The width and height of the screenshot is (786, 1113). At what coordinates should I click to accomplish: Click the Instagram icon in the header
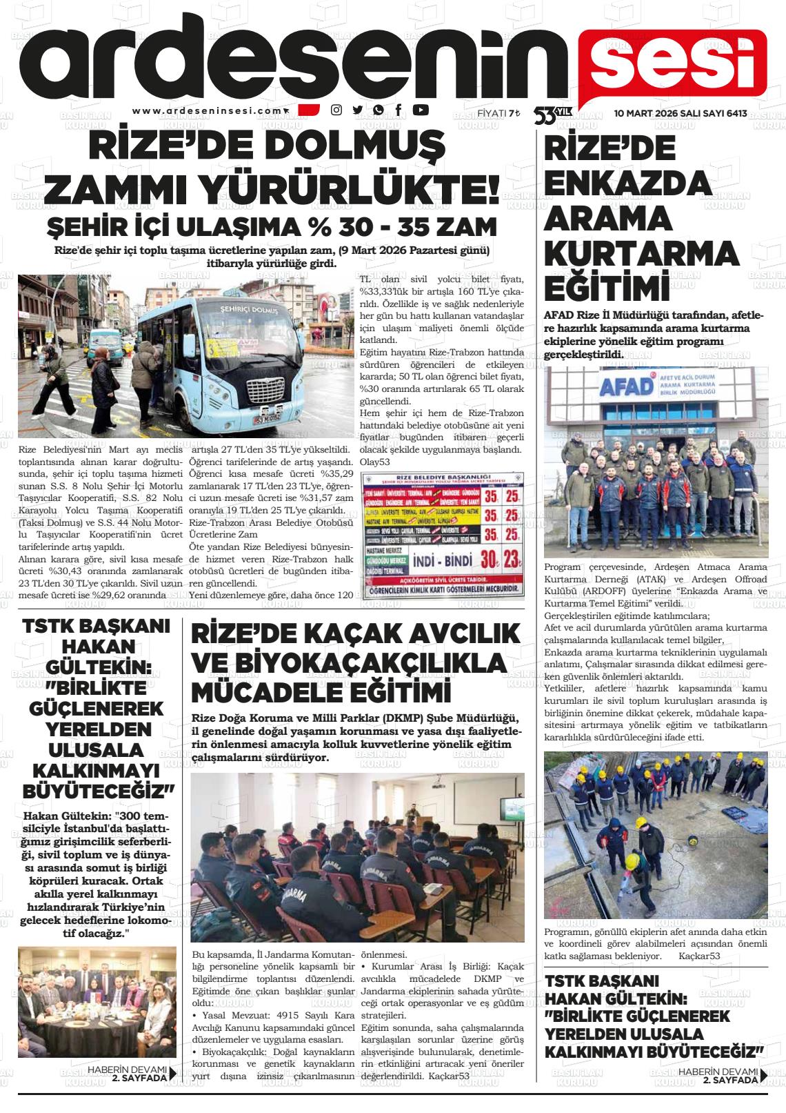click(x=336, y=110)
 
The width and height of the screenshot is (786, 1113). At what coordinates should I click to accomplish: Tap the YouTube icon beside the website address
click(x=420, y=110)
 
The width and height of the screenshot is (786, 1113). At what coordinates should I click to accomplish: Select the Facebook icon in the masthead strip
click(x=399, y=110)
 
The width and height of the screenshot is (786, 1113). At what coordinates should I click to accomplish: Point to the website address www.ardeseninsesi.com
click(x=208, y=110)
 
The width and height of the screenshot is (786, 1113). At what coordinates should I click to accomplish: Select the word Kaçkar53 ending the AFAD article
click(x=699, y=956)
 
